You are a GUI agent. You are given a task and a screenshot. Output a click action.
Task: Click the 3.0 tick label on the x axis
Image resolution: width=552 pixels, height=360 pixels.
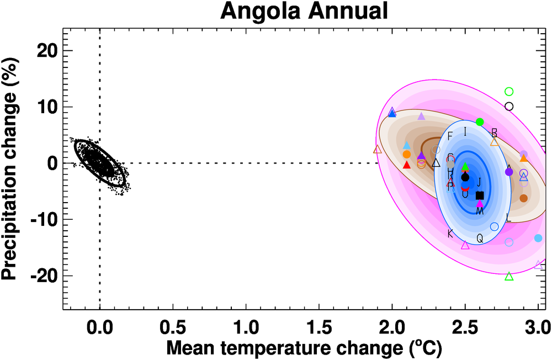[x=538, y=322]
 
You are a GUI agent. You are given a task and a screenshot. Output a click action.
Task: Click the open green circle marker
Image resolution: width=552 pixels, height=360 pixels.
[x=509, y=92]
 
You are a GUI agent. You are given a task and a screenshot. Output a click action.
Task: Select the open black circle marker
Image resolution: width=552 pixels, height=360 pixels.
[x=509, y=106]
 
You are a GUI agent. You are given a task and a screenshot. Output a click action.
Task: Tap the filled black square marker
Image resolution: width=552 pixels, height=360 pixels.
[x=480, y=195]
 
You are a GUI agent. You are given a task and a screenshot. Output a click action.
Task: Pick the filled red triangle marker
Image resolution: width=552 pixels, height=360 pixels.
[x=407, y=165]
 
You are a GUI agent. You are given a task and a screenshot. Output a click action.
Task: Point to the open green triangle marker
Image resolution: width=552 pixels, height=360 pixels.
[x=509, y=276]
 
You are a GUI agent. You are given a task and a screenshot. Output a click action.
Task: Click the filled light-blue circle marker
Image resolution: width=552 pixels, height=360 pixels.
[x=538, y=238]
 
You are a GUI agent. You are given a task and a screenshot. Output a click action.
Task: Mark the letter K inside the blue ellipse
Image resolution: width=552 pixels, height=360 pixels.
[x=450, y=234]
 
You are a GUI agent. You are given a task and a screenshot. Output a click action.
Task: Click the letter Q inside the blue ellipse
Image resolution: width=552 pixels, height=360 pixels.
[x=480, y=238]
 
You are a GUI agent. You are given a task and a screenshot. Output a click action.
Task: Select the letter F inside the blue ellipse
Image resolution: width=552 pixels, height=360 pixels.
[x=450, y=136]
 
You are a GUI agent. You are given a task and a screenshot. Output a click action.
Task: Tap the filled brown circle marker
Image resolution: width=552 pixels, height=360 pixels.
[x=523, y=198]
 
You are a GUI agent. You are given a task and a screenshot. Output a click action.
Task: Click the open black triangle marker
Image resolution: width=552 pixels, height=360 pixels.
[x=436, y=162]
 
